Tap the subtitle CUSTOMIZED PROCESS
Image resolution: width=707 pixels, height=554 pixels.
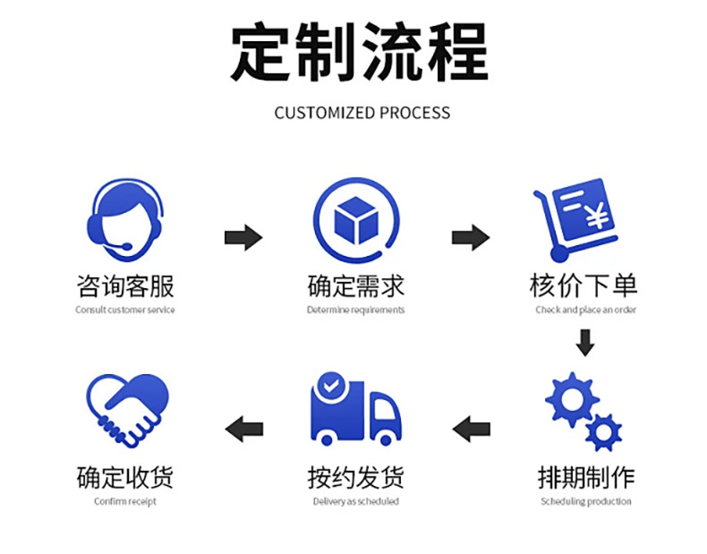(362, 113)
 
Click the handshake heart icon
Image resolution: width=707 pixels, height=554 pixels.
(126, 408)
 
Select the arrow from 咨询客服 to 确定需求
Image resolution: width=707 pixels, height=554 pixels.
(243, 238)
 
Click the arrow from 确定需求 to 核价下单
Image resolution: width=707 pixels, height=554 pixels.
(470, 238)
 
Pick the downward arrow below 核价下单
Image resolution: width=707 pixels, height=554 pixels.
(585, 343)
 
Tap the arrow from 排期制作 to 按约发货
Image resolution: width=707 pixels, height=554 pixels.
(471, 429)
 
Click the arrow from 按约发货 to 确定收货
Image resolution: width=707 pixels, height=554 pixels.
(243, 429)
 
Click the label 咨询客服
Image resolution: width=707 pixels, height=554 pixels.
(125, 286)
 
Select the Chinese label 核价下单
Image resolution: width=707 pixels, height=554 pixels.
(583, 286)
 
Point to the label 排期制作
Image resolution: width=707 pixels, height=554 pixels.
(586, 477)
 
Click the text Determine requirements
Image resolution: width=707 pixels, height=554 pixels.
(355, 310)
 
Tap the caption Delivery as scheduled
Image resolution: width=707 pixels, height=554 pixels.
(355, 501)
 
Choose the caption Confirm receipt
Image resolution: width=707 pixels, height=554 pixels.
(125, 501)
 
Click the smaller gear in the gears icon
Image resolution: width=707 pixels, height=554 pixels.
(603, 432)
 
